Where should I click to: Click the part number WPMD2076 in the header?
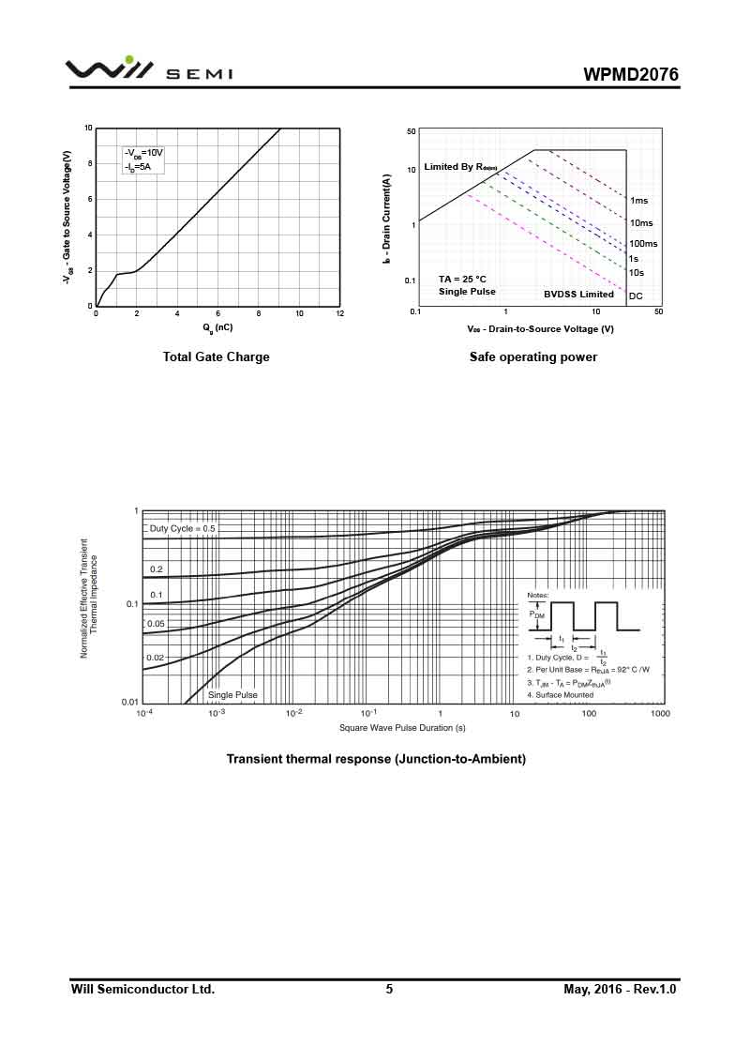click(x=631, y=74)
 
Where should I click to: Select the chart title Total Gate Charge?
click(x=216, y=356)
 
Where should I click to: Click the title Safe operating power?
click(x=533, y=356)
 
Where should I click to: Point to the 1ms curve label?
click(x=638, y=201)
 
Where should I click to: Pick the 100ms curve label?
click(x=643, y=244)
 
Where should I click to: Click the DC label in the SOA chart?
click(x=636, y=296)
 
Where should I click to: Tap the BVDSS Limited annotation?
click(x=578, y=295)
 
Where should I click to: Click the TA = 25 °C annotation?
click(x=462, y=279)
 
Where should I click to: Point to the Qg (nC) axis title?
click(x=217, y=327)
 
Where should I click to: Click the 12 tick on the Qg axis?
click(x=339, y=313)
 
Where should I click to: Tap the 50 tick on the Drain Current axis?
click(x=411, y=131)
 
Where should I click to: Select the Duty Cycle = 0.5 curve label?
click(x=182, y=528)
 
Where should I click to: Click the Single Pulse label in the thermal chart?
click(x=232, y=695)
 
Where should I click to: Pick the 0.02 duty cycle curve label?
click(x=156, y=658)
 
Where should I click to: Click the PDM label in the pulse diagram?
click(x=536, y=615)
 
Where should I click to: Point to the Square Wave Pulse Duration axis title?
click(x=402, y=728)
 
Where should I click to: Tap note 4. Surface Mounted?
click(x=560, y=695)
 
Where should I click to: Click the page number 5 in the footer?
click(x=389, y=989)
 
